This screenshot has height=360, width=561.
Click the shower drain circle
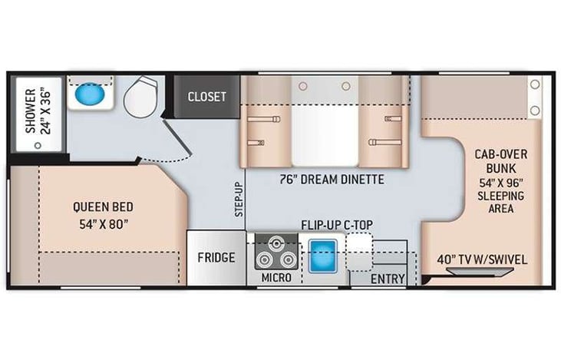(38, 146)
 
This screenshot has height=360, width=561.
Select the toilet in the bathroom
(140, 97)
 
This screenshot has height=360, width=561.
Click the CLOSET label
(206, 97)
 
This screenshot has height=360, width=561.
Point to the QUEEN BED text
(103, 206)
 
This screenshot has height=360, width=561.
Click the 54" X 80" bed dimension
(104, 224)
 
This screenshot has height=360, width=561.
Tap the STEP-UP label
(239, 199)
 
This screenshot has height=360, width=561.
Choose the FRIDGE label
(216, 258)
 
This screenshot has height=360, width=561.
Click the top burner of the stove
(276, 244)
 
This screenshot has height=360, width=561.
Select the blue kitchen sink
(323, 256)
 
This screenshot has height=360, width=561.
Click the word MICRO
(276, 277)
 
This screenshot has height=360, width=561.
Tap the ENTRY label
(388, 279)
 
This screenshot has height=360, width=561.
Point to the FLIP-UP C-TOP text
(337, 225)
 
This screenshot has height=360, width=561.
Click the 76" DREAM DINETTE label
(332, 180)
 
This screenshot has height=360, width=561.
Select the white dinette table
(325, 136)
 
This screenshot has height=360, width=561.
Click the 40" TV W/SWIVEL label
(482, 259)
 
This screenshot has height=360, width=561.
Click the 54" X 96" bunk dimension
(501, 183)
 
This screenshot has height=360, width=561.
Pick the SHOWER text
(31, 111)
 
